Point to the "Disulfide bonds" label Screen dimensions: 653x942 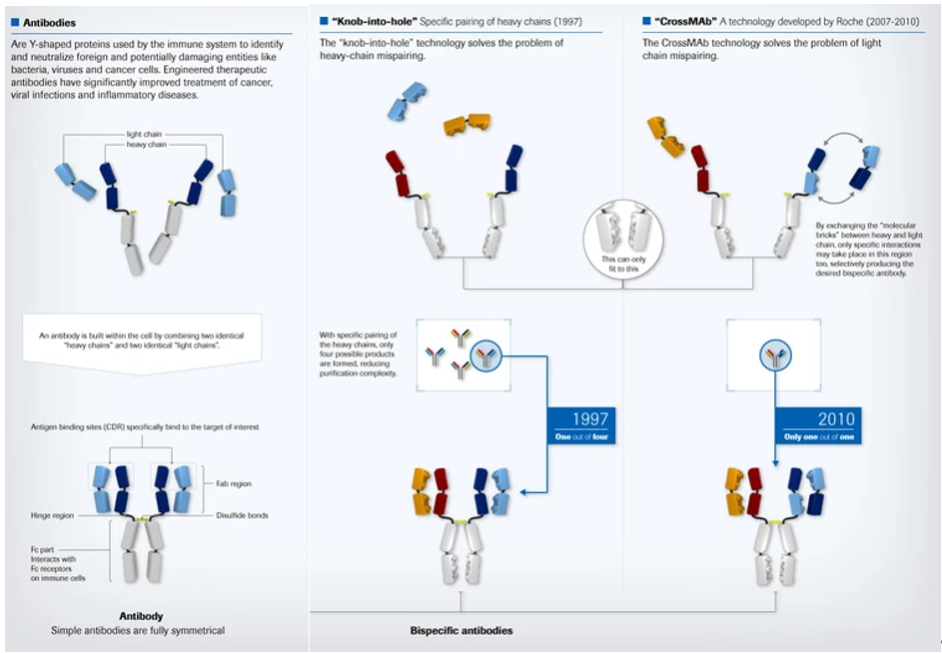click(241, 515)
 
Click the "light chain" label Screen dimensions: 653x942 click(146, 133)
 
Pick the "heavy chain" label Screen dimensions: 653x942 click(146, 145)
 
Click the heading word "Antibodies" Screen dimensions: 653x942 click(48, 21)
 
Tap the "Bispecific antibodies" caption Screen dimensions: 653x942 click(461, 631)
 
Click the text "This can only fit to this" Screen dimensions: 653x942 click(622, 264)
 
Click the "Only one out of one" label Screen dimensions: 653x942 click(818, 437)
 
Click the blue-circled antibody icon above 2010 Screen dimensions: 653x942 click(776, 354)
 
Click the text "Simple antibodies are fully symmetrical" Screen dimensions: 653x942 click(139, 630)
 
